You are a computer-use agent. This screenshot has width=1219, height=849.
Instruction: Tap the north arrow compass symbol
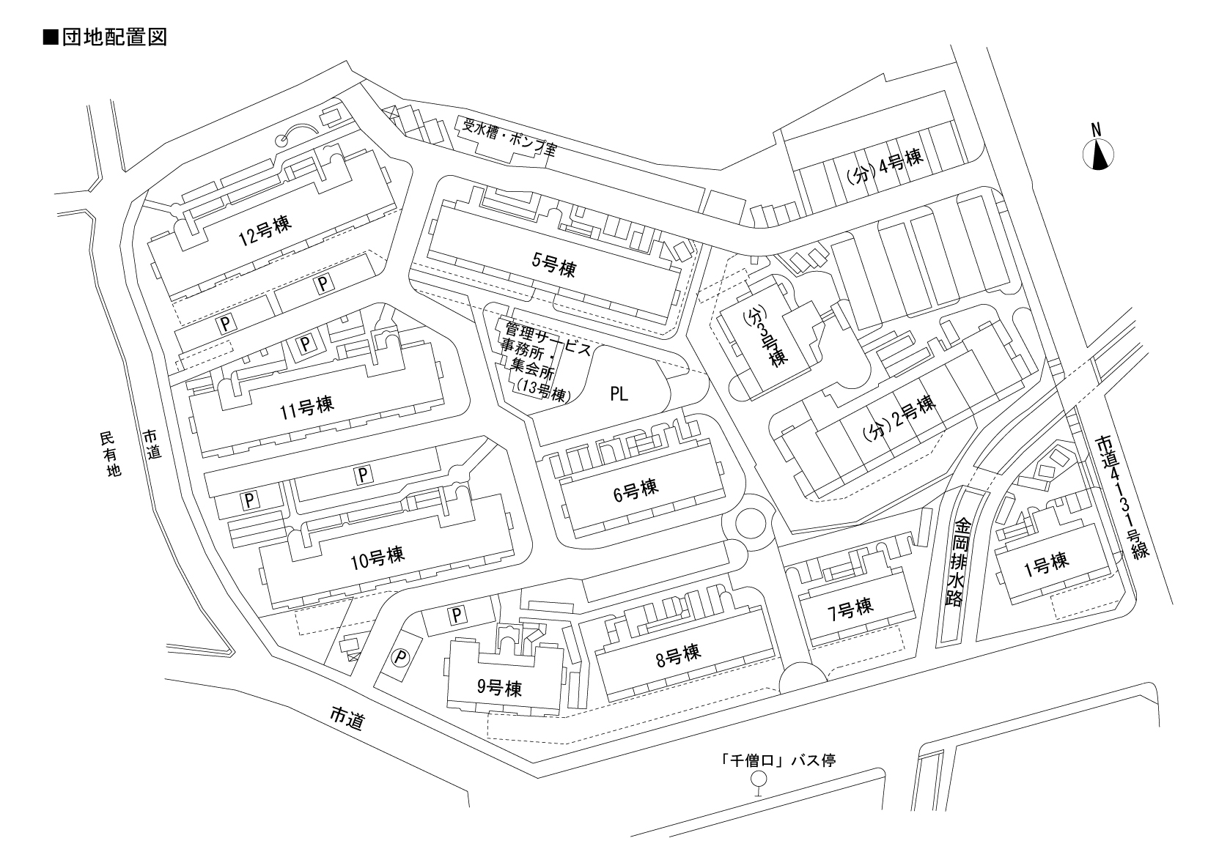click(1098, 155)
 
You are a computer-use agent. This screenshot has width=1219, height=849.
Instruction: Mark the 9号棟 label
click(498, 687)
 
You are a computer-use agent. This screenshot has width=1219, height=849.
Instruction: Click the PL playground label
click(619, 395)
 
